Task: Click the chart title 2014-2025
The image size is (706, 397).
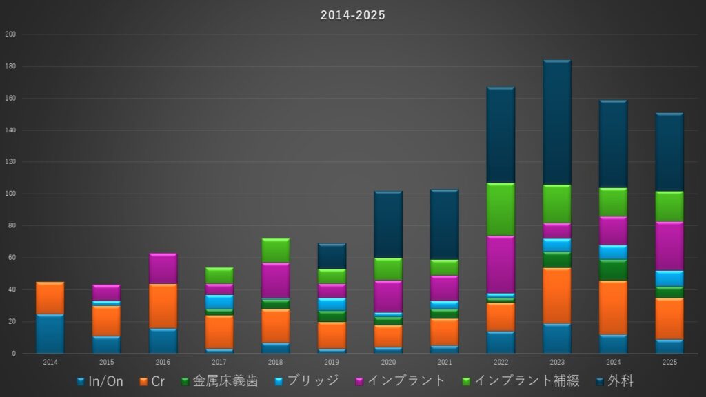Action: [352, 15]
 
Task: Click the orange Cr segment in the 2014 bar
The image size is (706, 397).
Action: [50, 298]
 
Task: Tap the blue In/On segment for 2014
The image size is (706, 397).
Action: [50, 334]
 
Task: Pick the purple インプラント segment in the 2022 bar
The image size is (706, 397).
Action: [501, 265]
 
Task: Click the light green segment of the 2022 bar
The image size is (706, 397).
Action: [501, 210]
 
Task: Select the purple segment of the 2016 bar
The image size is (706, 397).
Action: [163, 269]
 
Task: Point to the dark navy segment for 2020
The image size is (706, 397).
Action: [388, 225]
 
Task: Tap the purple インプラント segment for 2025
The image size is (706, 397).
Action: [669, 246]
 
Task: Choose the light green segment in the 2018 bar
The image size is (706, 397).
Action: [276, 251]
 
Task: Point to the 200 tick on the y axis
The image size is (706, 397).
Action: [10, 34]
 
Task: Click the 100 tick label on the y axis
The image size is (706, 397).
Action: [10, 194]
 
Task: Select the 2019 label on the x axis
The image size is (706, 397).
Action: [332, 362]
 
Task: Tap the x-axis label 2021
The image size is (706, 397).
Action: [444, 362]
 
